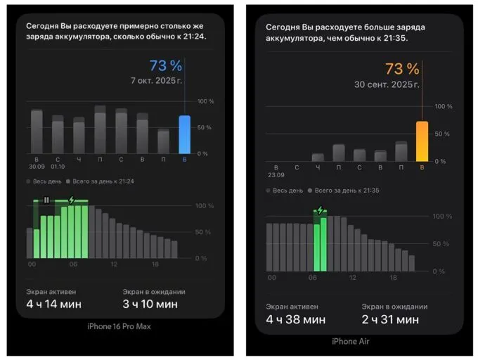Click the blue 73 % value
166,66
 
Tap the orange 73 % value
402,69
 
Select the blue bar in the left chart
184,134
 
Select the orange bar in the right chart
422,141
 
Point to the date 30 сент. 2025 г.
387,85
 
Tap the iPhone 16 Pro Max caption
119,326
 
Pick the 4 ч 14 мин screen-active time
53,304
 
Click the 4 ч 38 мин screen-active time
295,320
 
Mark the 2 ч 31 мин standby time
390,320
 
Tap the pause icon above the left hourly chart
46,200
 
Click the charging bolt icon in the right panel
321,210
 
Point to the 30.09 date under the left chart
36,167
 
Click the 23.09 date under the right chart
275,174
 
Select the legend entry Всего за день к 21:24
103,181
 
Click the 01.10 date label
58,167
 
